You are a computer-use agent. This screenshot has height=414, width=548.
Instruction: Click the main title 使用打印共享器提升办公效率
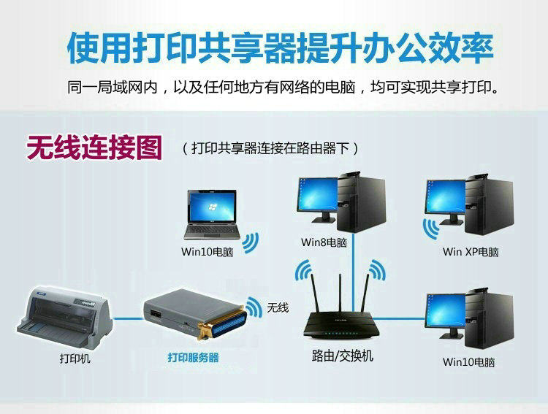[280, 48]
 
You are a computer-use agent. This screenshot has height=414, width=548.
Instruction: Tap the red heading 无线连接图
[94, 147]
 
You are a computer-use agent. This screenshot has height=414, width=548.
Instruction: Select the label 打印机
[75, 359]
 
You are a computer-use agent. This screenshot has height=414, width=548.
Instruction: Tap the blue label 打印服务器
[193, 358]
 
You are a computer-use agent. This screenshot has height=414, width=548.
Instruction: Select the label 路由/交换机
[342, 356]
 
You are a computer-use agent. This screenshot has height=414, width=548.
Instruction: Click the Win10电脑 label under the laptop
[208, 252]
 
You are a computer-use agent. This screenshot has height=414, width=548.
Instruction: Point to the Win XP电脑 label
[471, 252]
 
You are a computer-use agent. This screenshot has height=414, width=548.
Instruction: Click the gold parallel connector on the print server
[225, 321]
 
